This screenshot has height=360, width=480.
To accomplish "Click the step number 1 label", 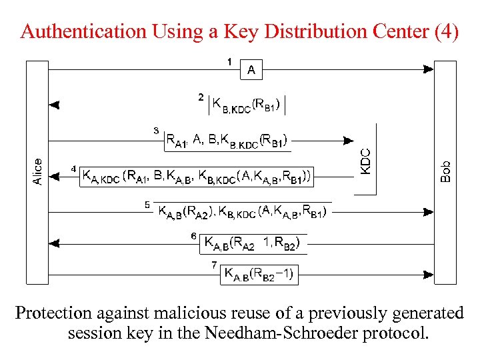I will [229, 62].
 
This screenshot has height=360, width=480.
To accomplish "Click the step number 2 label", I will [202, 97].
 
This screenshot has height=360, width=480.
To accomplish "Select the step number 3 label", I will [156, 131].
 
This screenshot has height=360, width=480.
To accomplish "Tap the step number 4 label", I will [74, 169].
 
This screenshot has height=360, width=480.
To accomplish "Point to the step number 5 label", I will [147, 205].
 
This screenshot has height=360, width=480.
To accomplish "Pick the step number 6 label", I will [193, 236].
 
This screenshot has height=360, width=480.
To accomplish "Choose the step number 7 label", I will [214, 265].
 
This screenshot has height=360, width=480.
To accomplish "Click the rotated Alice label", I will [38, 171].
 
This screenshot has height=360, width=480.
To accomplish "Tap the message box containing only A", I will [251, 69].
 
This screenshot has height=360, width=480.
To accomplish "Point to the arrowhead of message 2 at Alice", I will [55, 105].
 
